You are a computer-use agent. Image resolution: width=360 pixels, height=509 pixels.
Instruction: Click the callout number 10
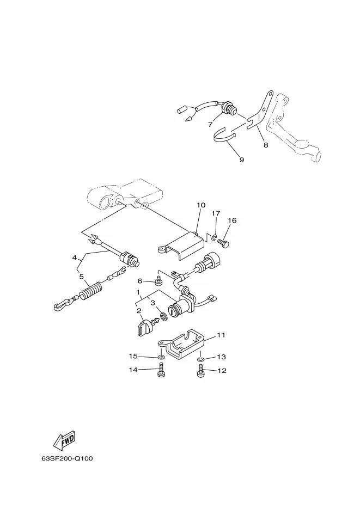point(201,205)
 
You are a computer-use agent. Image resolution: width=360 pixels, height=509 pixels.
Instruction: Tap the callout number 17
point(216,213)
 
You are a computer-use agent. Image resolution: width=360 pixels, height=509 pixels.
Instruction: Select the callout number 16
point(232,220)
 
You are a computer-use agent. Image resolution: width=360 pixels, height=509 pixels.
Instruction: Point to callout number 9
point(241,160)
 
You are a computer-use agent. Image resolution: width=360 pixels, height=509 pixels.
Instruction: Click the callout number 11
point(221,335)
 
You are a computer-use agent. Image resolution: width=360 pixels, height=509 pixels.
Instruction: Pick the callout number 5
point(82,276)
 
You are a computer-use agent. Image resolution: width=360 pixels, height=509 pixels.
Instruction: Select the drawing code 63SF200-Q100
point(67,458)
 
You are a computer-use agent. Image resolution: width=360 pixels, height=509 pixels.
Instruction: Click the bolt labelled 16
point(227,243)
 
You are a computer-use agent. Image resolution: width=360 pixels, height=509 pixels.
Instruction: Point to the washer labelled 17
point(215,237)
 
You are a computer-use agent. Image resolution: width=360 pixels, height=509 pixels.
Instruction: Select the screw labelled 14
point(161,371)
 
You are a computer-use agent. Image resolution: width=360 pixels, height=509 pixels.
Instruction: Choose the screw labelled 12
point(200,371)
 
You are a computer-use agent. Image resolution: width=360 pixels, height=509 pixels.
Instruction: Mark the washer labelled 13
point(200,359)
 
